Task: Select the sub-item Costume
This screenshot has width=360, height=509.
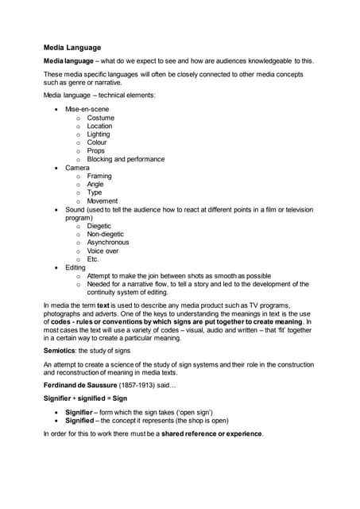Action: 101,118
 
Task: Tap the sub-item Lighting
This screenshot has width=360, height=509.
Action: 99,134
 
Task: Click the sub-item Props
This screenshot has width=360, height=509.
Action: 96,151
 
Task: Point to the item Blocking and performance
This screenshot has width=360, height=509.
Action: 126,159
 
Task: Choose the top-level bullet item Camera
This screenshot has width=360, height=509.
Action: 77,168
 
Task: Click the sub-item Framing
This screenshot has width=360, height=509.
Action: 99,176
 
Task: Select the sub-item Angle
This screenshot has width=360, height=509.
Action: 95,185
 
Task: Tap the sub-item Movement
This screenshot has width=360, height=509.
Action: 103,201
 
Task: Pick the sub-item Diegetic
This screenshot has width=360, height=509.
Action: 99,226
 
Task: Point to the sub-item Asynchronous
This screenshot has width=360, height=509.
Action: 108,243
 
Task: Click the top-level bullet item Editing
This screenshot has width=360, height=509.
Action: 75,267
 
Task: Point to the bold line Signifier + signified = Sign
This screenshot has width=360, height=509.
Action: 83,396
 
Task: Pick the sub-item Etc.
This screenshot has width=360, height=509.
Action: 93,259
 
